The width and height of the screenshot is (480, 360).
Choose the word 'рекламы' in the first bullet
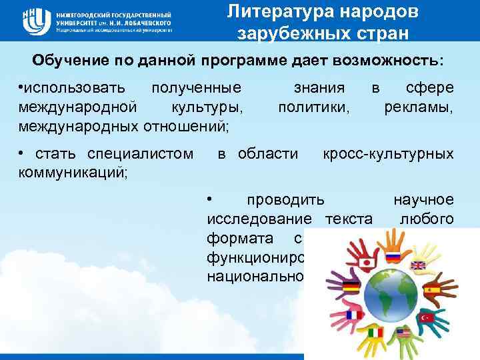pos(419,105)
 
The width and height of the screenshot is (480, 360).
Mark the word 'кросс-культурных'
pos(388,155)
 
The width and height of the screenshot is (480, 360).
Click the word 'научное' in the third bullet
pos(424,199)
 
